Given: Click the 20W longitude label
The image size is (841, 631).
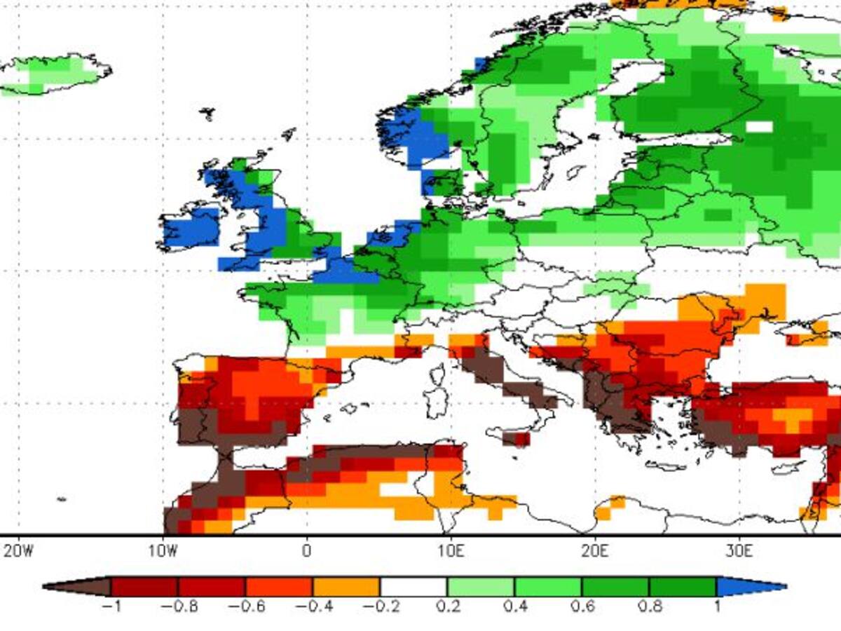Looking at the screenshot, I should click(18, 550).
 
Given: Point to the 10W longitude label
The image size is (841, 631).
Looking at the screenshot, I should click(162, 550).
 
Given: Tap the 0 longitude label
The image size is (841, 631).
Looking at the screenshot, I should click(306, 550).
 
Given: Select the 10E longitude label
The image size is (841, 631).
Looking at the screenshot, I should click(451, 550).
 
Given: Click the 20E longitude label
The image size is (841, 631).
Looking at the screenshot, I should click(595, 550).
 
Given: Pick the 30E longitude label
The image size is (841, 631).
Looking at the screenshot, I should click(739, 550).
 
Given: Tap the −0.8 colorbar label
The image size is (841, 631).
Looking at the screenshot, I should click(178, 606).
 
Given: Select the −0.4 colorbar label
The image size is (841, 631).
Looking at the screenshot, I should click(313, 606).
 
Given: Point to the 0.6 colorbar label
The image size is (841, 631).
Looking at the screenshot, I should click(582, 606).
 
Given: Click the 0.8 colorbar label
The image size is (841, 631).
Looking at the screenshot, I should click(650, 606).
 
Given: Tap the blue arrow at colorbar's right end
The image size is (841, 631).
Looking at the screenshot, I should click(750, 586).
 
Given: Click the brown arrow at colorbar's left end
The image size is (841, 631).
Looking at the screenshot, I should click(77, 586).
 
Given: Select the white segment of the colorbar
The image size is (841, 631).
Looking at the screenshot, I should click(413, 586).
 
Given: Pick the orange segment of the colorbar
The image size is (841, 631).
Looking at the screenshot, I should click(346, 586).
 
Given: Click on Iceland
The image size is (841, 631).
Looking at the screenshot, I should click(56, 74).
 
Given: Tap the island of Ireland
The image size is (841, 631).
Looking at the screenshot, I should click(189, 228).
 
